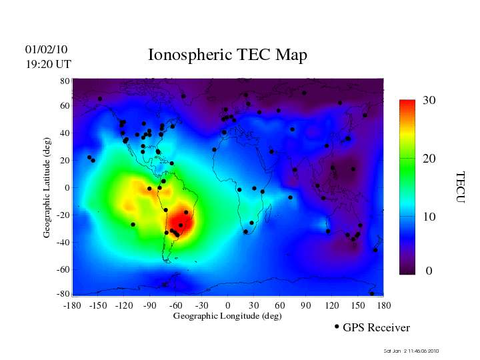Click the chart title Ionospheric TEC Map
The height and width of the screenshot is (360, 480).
pos(227,55)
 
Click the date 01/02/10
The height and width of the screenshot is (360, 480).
pos(46,50)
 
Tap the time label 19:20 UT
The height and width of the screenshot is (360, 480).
pos(48,65)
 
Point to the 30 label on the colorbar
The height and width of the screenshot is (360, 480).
pos(429,101)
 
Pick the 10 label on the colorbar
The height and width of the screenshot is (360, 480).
pos(429,217)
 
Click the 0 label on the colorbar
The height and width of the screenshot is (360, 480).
pos(429,271)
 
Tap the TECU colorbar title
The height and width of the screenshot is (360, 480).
pos(461,187)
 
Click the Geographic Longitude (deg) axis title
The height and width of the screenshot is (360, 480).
pos(227,316)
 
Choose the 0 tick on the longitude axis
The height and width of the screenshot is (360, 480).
pos(227,305)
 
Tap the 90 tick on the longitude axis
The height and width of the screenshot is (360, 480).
pos(305,305)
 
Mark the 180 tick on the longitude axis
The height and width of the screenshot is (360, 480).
pos(384,305)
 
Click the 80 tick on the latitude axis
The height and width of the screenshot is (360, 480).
pos(65,81)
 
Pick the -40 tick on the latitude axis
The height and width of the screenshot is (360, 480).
pos(63,242)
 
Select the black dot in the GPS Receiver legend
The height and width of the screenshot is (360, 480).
pos(337,327)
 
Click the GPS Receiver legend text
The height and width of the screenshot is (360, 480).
pos(376,328)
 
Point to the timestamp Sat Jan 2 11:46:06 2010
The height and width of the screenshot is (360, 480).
pos(411,351)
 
